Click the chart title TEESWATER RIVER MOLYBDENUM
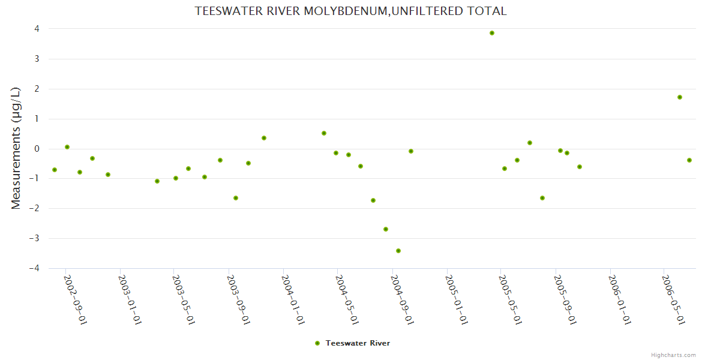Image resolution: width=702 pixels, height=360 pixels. tap(350, 11)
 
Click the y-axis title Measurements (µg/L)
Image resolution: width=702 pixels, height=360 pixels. tap(16, 148)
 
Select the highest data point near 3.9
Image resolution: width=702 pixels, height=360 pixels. tap(492, 33)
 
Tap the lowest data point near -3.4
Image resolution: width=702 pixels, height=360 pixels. tap(398, 251)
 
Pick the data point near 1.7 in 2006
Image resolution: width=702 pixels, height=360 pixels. tap(680, 97)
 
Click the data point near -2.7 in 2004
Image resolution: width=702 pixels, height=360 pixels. tap(386, 229)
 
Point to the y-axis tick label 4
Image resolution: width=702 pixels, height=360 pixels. tap(37, 29)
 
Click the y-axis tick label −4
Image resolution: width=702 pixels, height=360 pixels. tap(34, 268)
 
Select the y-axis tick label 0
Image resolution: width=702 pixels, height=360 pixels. tap(37, 149)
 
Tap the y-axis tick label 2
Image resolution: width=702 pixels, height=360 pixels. tap(37, 89)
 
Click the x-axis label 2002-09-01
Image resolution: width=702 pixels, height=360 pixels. tap(76, 299)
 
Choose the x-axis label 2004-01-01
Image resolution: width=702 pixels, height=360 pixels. tap(293, 299)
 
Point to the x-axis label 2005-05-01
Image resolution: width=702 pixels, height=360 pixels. tap(511, 299)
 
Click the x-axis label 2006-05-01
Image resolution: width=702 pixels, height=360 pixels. tap(673, 299)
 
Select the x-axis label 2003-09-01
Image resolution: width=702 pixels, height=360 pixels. tap(239, 299)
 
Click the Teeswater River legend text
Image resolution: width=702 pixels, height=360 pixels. tap(358, 343)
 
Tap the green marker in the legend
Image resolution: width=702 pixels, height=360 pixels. tap(317, 343)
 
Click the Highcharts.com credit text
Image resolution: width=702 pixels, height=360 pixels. tap(673, 355)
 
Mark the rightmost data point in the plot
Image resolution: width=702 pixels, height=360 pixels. tap(689, 160)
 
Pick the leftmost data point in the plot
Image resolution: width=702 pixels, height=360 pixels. tap(55, 170)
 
